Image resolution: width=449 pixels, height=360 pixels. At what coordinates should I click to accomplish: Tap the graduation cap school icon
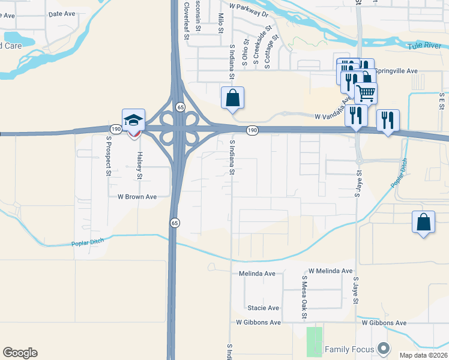pos(134,119)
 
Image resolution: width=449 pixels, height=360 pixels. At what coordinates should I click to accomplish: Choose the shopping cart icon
pos(366,93)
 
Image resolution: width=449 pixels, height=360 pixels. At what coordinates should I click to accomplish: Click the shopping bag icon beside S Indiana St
pos(232,97)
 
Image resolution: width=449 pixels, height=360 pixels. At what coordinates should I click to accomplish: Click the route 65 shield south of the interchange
pos(174,223)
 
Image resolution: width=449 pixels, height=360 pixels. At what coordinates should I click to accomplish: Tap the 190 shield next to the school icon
pos(116,128)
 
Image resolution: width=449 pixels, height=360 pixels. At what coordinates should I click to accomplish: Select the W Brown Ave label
pos(137,196)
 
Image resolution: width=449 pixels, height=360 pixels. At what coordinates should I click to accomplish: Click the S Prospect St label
pos(109,155)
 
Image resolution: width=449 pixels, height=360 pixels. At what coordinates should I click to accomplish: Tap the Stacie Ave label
pos(264,308)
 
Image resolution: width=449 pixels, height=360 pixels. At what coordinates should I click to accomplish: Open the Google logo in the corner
pos(20,353)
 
